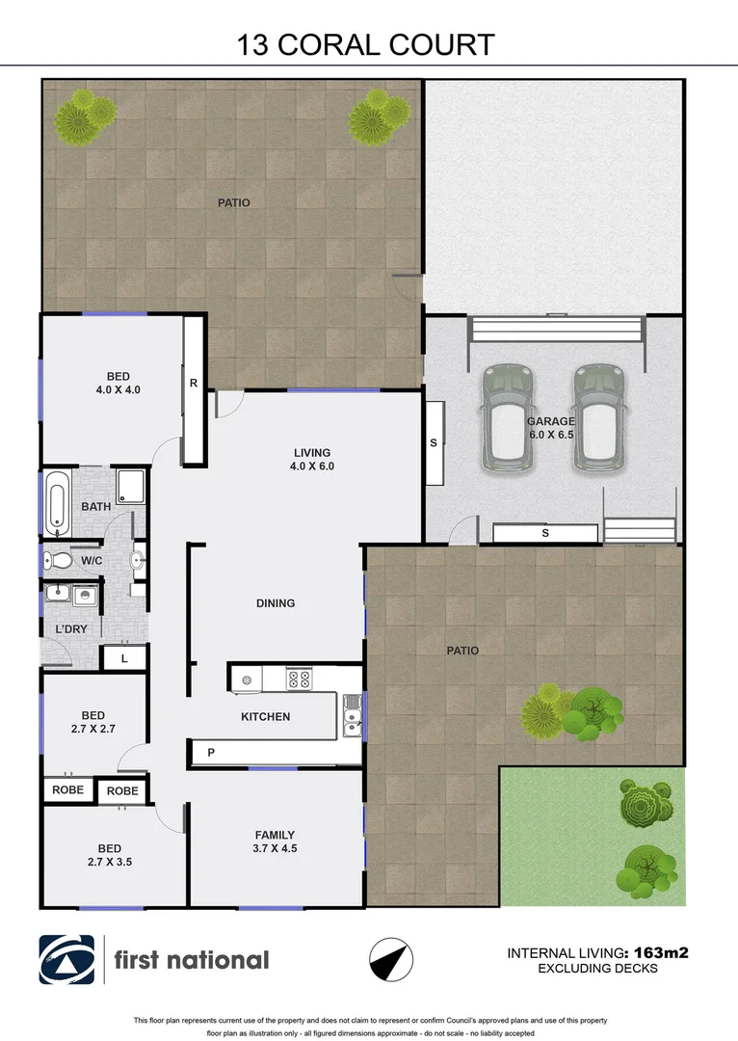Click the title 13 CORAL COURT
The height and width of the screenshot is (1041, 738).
(x=366, y=44)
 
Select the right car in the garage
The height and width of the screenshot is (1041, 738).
(x=596, y=417)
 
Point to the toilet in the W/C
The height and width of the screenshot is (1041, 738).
(x=61, y=559)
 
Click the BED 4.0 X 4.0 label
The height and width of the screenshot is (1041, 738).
(x=119, y=383)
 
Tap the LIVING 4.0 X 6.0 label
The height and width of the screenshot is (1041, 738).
(x=312, y=459)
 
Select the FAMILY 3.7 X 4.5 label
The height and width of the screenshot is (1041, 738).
(x=275, y=841)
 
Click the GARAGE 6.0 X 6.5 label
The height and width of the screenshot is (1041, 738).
(x=551, y=428)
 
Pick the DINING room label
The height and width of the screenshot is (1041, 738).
(x=276, y=603)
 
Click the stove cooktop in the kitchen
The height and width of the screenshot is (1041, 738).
(x=299, y=679)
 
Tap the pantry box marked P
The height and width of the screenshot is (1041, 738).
(x=209, y=752)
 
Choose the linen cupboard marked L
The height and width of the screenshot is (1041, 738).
(x=125, y=659)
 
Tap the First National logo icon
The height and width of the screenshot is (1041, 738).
(x=66, y=960)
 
